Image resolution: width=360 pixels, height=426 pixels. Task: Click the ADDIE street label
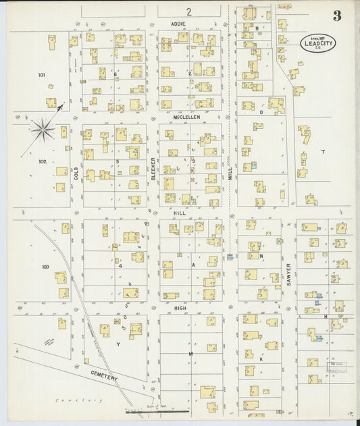[178, 23]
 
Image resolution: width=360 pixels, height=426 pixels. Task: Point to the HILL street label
[179, 213]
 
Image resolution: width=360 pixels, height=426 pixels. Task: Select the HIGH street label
[180, 307]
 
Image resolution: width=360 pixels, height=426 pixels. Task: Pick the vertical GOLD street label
[76, 174]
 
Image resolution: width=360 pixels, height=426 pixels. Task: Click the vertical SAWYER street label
[288, 274]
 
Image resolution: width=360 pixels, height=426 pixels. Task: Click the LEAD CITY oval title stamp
[320, 43]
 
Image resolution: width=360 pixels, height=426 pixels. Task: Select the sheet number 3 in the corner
[336, 16]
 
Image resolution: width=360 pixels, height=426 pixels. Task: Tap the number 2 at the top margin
[190, 11]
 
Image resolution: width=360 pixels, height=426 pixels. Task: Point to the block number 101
[42, 74]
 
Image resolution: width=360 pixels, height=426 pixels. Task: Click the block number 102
[43, 161]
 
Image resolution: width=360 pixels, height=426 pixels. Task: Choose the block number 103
[45, 267]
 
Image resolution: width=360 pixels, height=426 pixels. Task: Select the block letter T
[322, 152]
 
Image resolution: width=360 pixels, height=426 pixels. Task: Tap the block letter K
[260, 358]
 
